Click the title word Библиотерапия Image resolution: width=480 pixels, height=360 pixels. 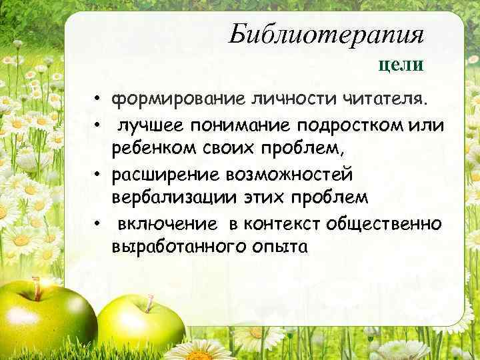tap(326, 34)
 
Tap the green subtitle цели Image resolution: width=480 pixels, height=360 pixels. tap(401, 64)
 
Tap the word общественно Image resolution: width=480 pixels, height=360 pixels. tap(385, 223)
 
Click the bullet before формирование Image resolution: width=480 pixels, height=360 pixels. tap(97, 101)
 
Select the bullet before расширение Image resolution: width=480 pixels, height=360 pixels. tap(97, 175)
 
